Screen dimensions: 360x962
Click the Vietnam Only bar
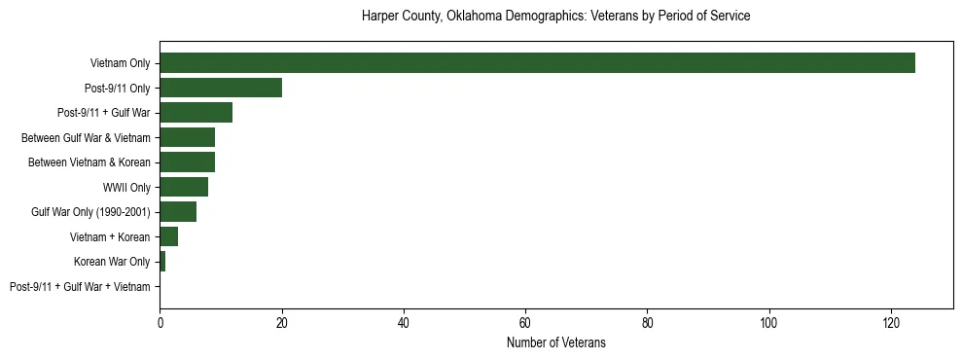tap(537, 63)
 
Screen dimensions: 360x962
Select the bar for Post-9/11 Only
tap(221, 88)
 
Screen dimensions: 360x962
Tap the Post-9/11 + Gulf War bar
tap(196, 113)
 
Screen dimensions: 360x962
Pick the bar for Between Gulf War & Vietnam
tap(187, 137)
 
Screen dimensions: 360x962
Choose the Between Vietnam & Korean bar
tap(187, 162)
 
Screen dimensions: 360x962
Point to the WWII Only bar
tap(184, 187)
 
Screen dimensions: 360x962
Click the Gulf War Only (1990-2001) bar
tap(178, 212)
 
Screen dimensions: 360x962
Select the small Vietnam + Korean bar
tap(169, 236)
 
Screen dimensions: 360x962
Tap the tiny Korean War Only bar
tap(162, 262)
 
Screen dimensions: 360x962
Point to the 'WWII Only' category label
tap(126, 187)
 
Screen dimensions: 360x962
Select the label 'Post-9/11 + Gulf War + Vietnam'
tap(80, 287)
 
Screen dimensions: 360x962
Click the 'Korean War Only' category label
tap(112, 262)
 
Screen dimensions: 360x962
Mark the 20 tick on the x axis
tap(282, 322)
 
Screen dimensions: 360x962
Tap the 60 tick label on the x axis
tap(525, 322)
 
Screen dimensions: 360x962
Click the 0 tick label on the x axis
tap(160, 322)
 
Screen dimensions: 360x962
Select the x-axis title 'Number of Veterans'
tap(555, 342)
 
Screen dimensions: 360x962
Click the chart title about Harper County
tap(555, 17)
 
